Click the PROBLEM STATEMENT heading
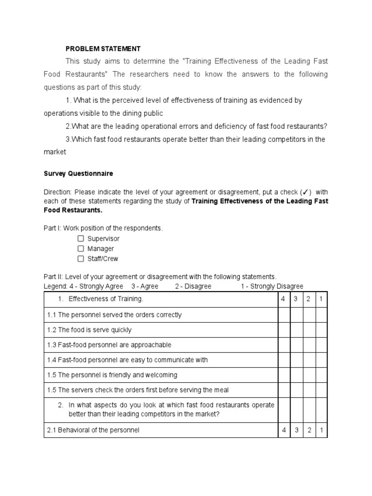(x=103, y=49)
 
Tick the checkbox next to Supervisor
(x=81, y=239)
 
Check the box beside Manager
(x=81, y=248)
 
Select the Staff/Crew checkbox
(x=81, y=259)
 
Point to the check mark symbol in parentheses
(x=306, y=191)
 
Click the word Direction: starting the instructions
(x=58, y=191)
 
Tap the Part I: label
(x=52, y=228)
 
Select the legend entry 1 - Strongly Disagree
(x=272, y=286)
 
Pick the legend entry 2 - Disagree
(x=193, y=286)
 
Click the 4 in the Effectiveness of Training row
(x=283, y=299)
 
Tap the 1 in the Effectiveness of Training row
(x=321, y=299)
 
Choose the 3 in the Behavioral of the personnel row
(x=295, y=430)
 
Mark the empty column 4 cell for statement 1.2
(x=283, y=330)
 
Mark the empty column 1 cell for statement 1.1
(x=321, y=315)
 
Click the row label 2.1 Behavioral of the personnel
(x=93, y=430)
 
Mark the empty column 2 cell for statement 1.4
(x=308, y=360)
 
